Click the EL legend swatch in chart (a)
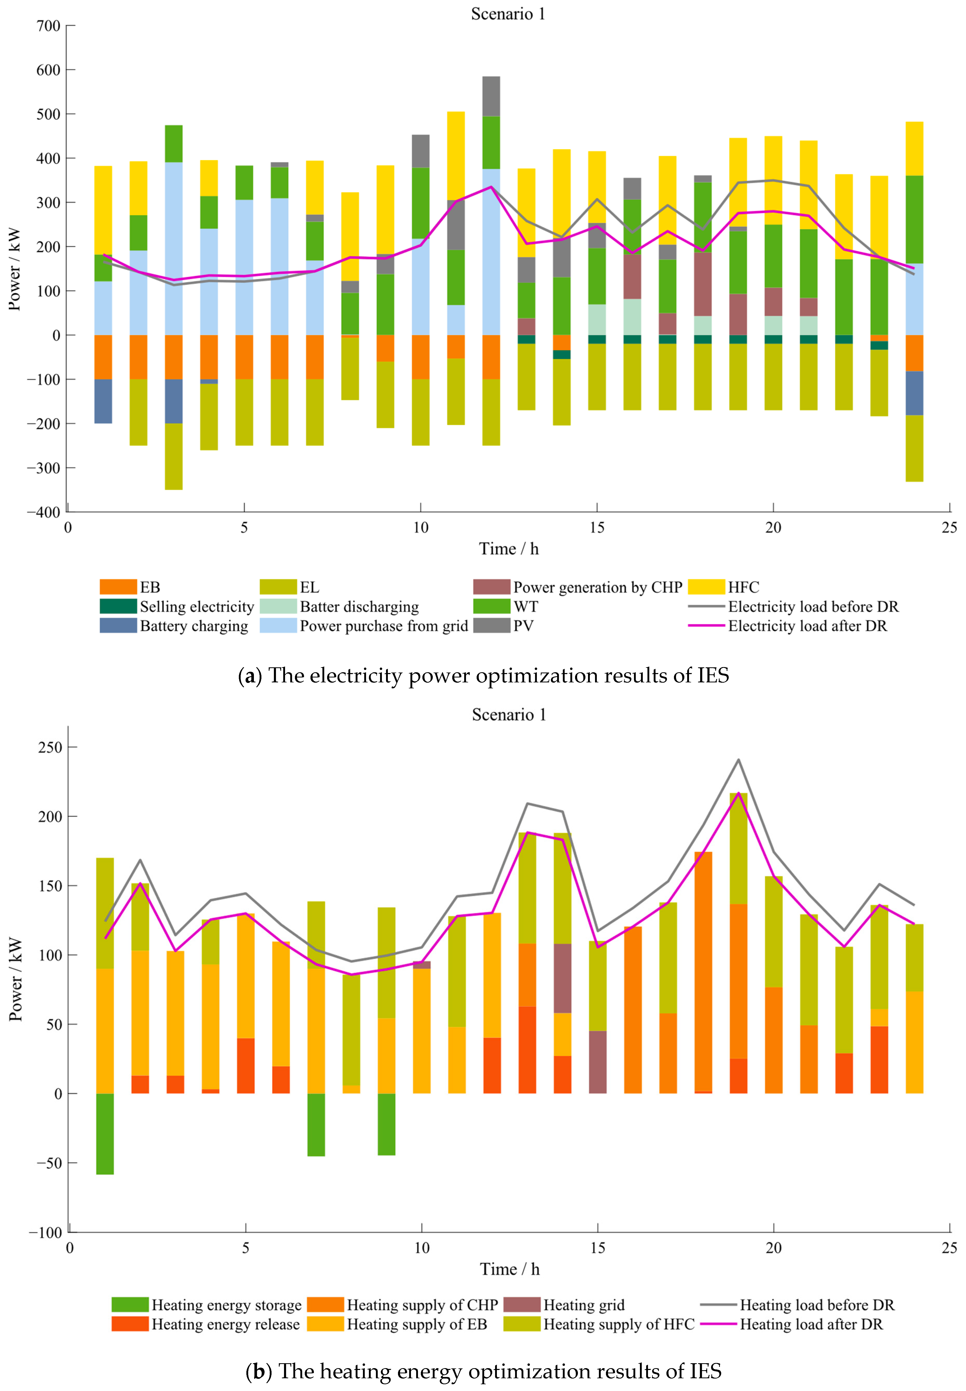[278, 587]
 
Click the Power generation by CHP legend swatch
[491, 587]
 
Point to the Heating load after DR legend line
[718, 1324]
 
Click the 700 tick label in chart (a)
[49, 26]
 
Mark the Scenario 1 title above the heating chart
[508, 715]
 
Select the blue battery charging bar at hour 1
[103, 401]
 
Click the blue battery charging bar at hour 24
[914, 393]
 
